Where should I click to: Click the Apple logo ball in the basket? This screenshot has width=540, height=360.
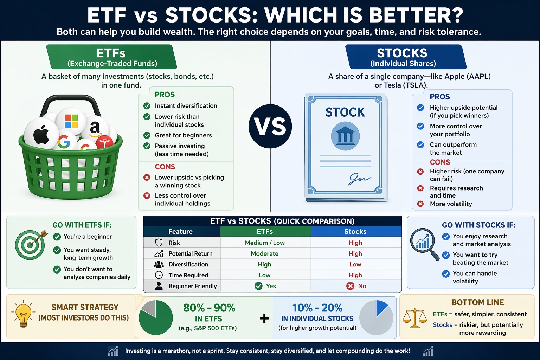click(x=41, y=135)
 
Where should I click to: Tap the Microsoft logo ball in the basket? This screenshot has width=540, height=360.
click(x=71, y=121)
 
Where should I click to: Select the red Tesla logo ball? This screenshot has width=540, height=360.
click(x=104, y=142)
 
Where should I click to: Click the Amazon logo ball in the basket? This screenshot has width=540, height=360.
click(x=95, y=129)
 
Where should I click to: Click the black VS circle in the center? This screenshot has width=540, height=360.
click(x=270, y=126)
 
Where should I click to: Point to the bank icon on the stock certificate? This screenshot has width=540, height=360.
click(x=345, y=136)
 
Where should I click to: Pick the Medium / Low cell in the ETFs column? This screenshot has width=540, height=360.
click(x=265, y=243)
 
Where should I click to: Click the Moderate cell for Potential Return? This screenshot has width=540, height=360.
click(x=264, y=254)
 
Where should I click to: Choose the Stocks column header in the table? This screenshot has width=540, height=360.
click(x=355, y=232)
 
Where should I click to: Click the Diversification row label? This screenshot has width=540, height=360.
click(x=188, y=264)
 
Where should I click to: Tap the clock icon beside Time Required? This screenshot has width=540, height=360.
click(x=159, y=275)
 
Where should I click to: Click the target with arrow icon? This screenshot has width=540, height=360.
click(x=31, y=244)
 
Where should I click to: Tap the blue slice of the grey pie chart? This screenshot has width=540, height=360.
click(x=381, y=308)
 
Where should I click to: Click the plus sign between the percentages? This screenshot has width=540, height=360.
click(x=264, y=319)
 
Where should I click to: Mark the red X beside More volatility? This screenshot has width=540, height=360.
click(x=420, y=204)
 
